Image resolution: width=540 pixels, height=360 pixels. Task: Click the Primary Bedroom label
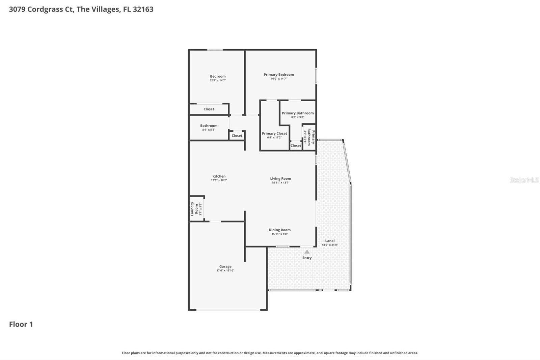pyautogui.click(x=279, y=75)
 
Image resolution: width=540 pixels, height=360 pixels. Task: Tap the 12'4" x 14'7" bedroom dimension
pyautogui.click(x=218, y=80)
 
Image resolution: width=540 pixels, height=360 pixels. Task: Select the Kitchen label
pyautogui.click(x=219, y=176)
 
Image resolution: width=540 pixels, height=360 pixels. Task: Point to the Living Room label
pyautogui.click(x=280, y=179)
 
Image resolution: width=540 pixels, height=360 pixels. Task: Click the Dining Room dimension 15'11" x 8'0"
pyautogui.click(x=279, y=234)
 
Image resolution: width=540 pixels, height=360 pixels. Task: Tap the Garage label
pyautogui.click(x=225, y=266)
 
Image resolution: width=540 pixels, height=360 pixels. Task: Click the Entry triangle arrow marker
pyautogui.click(x=307, y=252)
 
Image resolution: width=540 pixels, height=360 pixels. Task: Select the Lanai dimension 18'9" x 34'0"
pyautogui.click(x=330, y=245)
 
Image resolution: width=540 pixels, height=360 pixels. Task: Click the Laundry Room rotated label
pyautogui.click(x=194, y=209)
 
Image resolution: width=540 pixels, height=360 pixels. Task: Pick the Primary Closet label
pyautogui.click(x=274, y=133)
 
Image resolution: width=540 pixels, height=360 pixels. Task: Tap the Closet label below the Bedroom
pyautogui.click(x=209, y=109)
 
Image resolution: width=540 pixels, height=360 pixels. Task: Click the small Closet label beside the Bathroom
pyautogui.click(x=237, y=136)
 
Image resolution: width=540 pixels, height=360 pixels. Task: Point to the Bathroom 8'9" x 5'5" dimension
pyautogui.click(x=209, y=130)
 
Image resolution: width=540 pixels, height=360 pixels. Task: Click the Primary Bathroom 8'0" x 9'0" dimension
pyautogui.click(x=298, y=117)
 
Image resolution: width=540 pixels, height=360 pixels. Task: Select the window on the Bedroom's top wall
pyautogui.click(x=215, y=50)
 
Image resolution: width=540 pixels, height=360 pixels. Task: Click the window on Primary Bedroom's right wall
pyautogui.click(x=316, y=76)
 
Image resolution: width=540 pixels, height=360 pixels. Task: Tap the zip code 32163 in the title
pyautogui.click(x=143, y=9)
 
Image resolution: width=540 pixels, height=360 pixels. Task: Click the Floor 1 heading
pyautogui.click(x=21, y=324)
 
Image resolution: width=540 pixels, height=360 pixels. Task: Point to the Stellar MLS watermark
pyautogui.click(x=524, y=180)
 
